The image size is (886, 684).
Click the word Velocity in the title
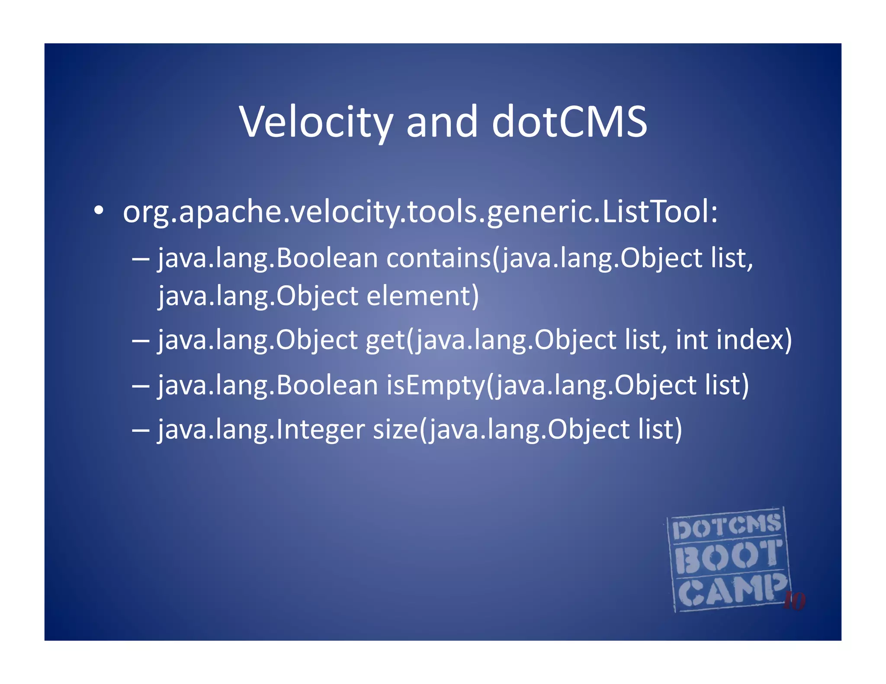coord(316,122)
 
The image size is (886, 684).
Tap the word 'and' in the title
coord(442,122)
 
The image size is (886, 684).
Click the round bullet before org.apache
coord(99,211)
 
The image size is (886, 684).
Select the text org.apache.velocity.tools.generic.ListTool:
coord(420,212)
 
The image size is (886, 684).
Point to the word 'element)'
coord(423,296)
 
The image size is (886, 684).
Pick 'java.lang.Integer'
coord(261,430)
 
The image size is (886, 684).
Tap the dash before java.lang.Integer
coord(141,430)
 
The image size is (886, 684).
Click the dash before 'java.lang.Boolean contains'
coord(141,258)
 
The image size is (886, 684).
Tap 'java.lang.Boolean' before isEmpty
coord(268,385)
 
